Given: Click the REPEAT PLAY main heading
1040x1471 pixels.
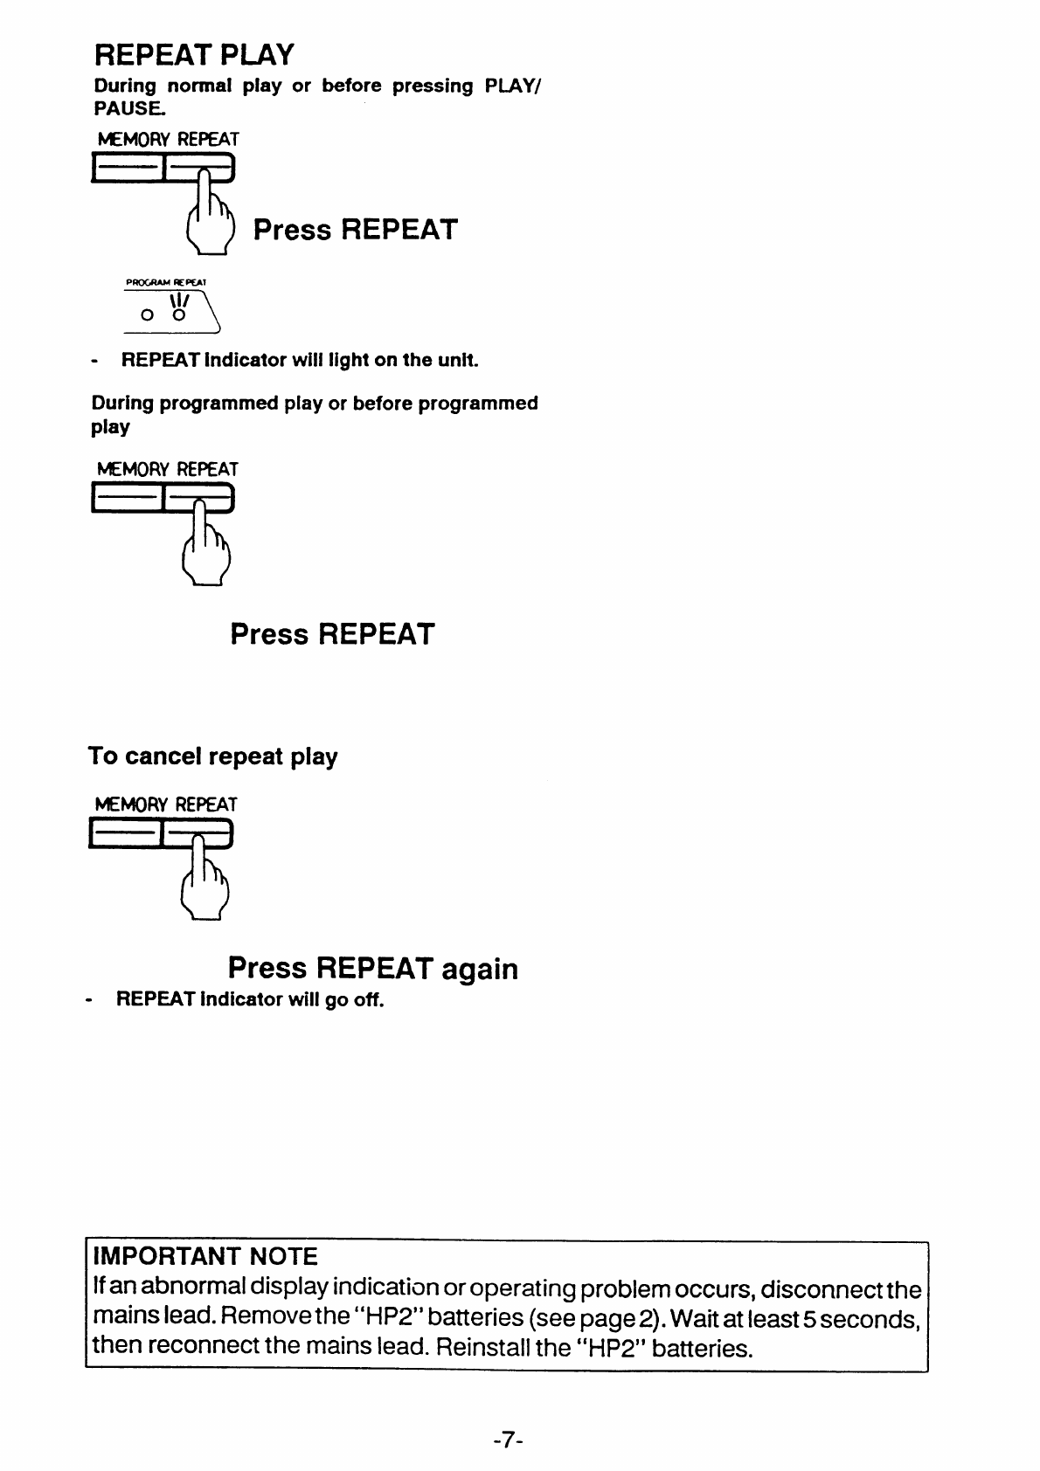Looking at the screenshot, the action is click(x=195, y=55).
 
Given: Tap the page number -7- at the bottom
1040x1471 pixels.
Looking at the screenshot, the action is click(x=508, y=1440).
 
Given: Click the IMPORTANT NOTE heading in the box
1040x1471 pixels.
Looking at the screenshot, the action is click(x=205, y=1256).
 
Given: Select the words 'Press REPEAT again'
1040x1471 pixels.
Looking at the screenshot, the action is click(x=373, y=969).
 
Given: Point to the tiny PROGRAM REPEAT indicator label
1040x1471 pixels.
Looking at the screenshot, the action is click(x=166, y=282).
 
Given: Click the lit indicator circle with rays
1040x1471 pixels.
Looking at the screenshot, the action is click(x=178, y=315).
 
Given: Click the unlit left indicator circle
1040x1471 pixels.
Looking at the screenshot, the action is click(x=147, y=315).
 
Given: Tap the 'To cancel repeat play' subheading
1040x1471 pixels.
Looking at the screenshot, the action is click(x=213, y=756).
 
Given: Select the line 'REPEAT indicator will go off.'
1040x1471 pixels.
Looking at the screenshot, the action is click(x=250, y=999).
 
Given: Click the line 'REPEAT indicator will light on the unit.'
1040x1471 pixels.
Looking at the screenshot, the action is click(x=300, y=360).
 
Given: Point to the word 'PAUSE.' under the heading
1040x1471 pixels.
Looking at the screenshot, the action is click(x=129, y=108).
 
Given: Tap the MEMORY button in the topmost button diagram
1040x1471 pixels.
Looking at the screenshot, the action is click(x=127, y=168).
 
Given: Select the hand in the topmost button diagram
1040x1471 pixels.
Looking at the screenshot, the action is click(x=211, y=213).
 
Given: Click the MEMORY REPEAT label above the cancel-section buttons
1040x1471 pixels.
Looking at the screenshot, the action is click(x=166, y=805).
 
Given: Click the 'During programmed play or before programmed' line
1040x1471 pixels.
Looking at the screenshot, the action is click(x=315, y=404).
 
